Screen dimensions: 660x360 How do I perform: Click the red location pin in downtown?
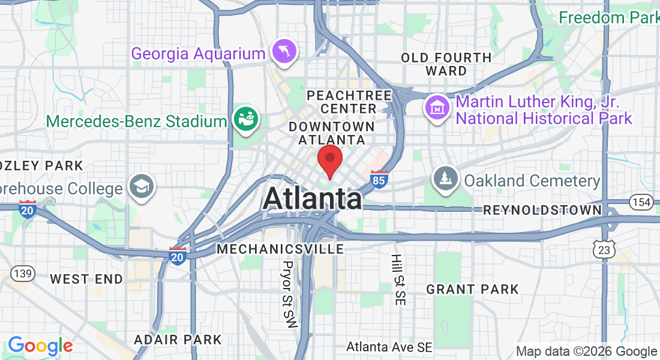tap(329, 159)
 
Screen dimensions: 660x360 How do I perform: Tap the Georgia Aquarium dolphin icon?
tap(283, 52)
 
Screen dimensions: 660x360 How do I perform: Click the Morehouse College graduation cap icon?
tap(142, 187)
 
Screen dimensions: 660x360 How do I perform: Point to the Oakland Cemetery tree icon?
tap(446, 178)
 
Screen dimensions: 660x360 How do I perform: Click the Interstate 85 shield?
tap(379, 179)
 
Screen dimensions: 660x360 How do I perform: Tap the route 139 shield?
tap(22, 274)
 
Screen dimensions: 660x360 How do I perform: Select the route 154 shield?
tap(642, 202)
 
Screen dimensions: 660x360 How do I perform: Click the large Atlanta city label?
tap(312, 199)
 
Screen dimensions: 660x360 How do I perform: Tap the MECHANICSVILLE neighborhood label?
tap(281, 248)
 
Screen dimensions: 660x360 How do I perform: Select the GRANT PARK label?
tap(472, 289)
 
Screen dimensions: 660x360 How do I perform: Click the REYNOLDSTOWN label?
tap(542, 210)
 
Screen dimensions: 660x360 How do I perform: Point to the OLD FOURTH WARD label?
tap(446, 64)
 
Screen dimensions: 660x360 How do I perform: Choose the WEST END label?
tap(86, 279)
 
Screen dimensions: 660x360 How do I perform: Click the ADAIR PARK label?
tap(178, 340)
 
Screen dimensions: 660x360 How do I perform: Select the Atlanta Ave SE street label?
tap(389, 347)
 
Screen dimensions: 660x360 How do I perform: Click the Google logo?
tap(40, 346)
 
